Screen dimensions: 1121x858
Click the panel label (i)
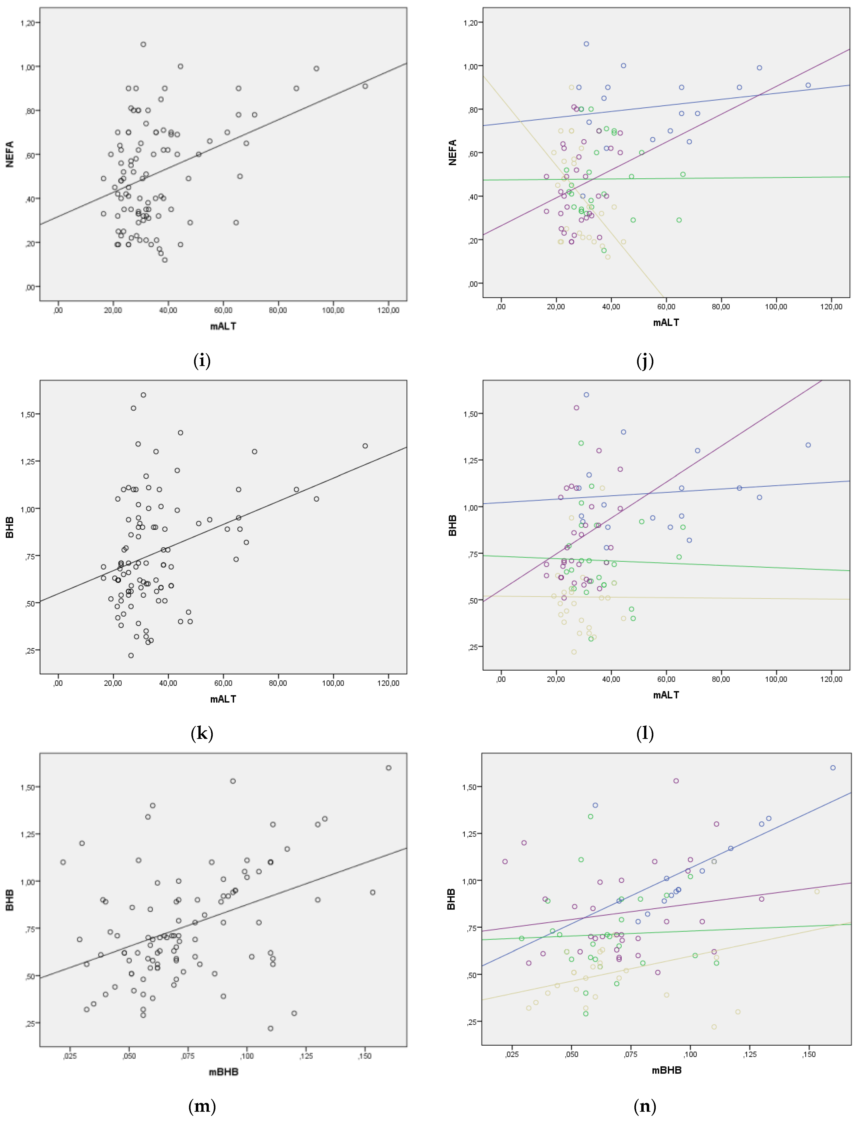click(202, 361)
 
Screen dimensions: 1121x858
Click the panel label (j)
click(645, 361)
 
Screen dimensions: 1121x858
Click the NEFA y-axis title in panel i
click(10, 154)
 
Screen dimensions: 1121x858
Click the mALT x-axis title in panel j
click(666, 322)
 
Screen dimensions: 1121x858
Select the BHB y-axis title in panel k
click(10, 527)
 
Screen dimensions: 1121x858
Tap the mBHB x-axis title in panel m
click(223, 1071)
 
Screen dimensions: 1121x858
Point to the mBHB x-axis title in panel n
click(666, 1070)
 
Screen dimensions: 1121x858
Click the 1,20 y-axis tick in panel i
click(28, 23)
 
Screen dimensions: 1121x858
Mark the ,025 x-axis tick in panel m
click(70, 1056)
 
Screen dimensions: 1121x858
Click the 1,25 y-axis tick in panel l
click(470, 460)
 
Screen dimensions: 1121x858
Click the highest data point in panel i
click(144, 45)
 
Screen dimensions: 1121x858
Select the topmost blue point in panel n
click(833, 768)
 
